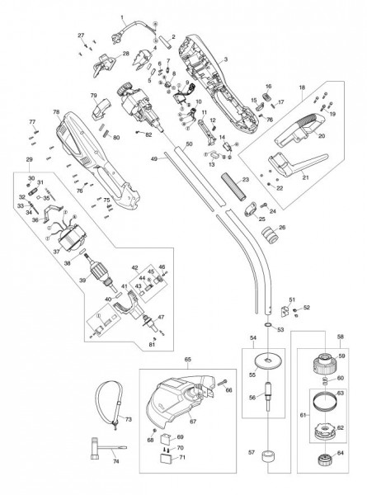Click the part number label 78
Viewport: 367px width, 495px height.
[55, 112]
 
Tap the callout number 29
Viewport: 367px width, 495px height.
[30, 158]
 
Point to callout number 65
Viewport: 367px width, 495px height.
[187, 361]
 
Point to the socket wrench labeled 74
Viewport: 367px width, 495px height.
[98, 446]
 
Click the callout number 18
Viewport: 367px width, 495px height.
[302, 87]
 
